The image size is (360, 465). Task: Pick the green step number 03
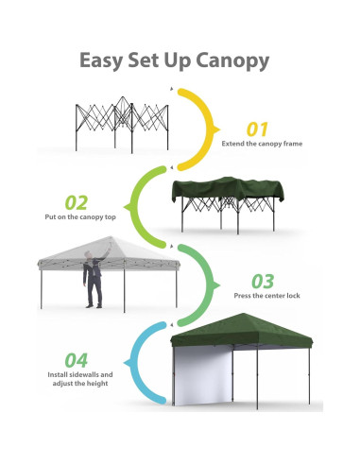tap(263, 281)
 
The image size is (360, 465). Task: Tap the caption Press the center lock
tap(267, 296)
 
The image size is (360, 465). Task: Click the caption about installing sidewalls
tap(77, 380)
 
